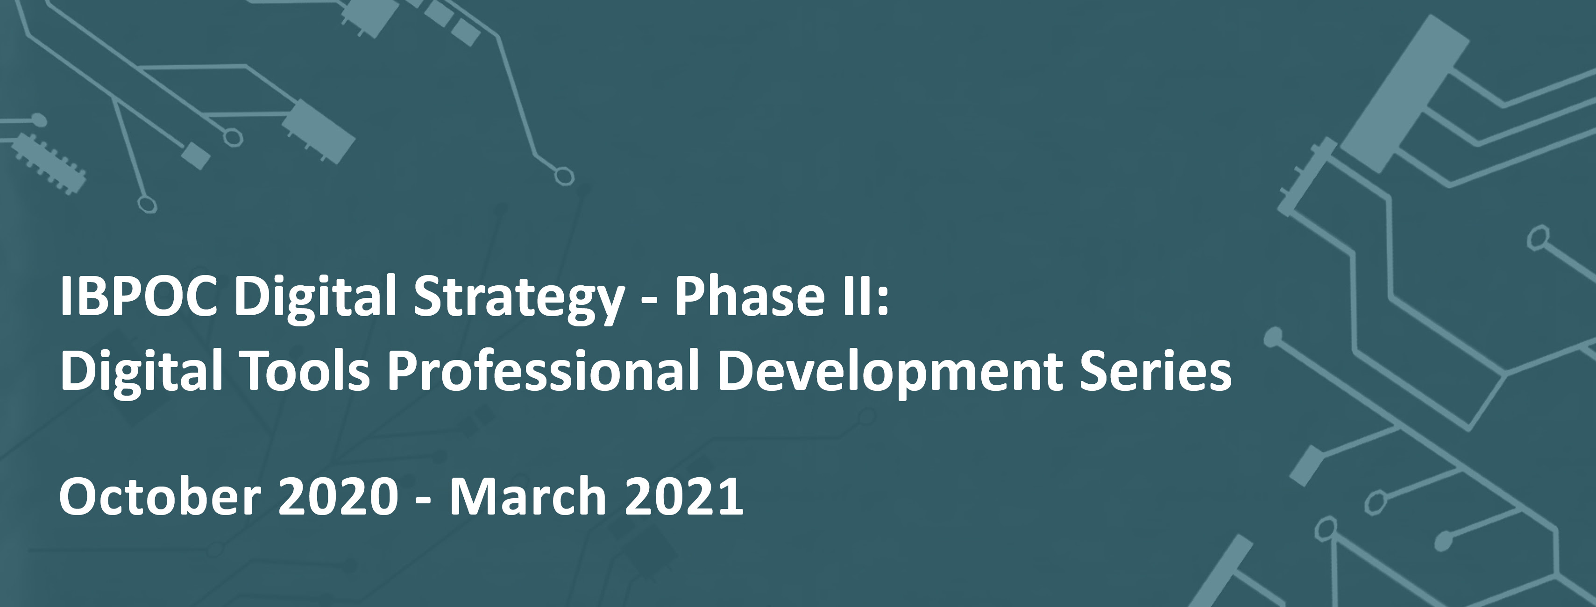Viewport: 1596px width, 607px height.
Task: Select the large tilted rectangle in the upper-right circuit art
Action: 1403,94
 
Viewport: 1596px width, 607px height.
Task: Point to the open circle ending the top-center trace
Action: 563,176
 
